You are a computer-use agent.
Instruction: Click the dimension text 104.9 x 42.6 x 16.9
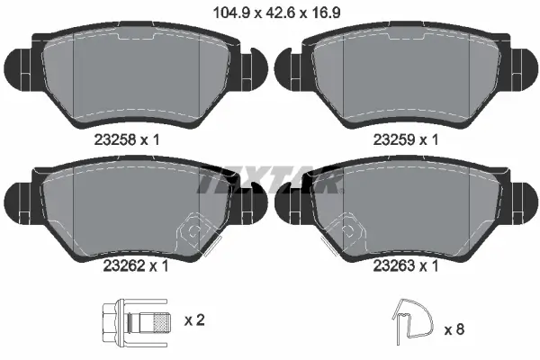[x=277, y=13]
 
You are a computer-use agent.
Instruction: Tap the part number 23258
[x=114, y=139]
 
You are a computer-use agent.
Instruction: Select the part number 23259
[x=394, y=139]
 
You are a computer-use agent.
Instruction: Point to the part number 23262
[x=123, y=265]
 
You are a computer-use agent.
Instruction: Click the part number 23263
[x=394, y=265]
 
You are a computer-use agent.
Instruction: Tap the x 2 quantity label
[x=194, y=320]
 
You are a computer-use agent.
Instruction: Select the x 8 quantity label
[x=454, y=329]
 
